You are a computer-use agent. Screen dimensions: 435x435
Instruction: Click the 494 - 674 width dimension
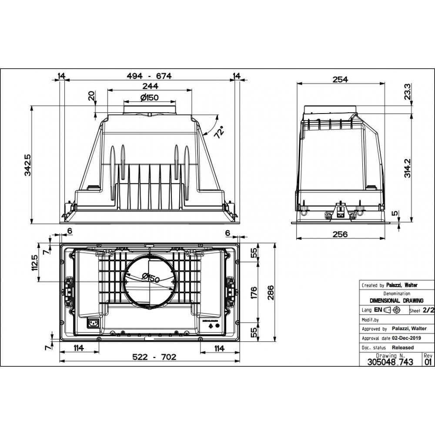click(x=149, y=76)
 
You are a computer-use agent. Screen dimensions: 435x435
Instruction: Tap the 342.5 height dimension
click(x=27, y=165)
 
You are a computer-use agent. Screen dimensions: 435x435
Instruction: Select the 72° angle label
click(x=219, y=132)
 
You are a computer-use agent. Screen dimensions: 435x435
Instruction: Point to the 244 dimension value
click(x=150, y=86)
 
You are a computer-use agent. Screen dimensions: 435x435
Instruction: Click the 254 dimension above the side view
click(x=341, y=80)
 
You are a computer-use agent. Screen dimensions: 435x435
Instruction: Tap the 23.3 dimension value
click(x=407, y=92)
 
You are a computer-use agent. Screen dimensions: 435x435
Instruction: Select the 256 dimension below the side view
click(x=340, y=234)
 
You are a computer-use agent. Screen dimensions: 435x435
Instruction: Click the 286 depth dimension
click(x=271, y=292)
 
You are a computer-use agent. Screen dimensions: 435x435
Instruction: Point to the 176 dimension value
click(x=254, y=293)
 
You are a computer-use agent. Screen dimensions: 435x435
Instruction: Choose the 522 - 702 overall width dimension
click(x=154, y=357)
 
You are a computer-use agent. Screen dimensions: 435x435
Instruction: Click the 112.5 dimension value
click(x=35, y=263)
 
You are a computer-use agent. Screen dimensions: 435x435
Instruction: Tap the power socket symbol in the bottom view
click(x=93, y=323)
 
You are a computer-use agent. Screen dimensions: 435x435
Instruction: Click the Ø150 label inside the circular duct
click(x=151, y=278)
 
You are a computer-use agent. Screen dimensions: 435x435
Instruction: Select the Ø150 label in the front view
click(x=149, y=97)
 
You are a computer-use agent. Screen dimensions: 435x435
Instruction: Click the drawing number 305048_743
click(x=390, y=362)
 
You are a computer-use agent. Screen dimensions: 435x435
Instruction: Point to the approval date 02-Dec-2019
click(x=406, y=338)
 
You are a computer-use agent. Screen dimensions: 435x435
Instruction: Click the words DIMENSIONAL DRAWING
click(x=397, y=301)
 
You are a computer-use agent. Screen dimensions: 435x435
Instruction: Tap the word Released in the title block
click(x=402, y=347)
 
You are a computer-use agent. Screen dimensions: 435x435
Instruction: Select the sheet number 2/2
click(x=428, y=310)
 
